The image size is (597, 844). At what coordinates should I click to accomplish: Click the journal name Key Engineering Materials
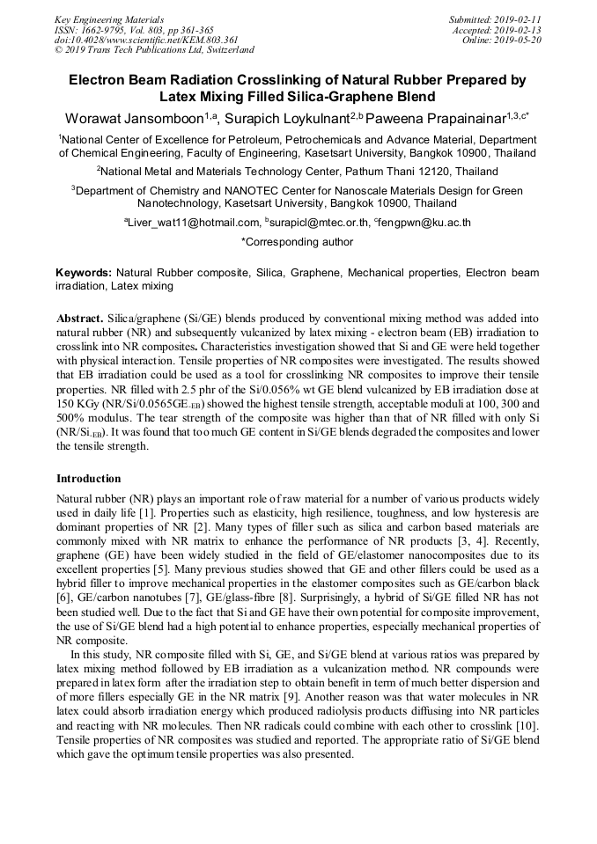click(108, 19)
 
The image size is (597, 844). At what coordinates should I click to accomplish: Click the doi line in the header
click(146, 40)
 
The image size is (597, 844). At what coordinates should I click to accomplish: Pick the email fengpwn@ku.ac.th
click(426, 223)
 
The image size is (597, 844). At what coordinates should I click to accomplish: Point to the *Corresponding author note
click(297, 241)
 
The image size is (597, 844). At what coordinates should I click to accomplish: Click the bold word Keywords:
click(84, 274)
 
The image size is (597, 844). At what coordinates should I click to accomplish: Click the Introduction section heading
click(89, 479)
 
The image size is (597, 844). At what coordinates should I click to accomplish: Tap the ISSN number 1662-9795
click(104, 30)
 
